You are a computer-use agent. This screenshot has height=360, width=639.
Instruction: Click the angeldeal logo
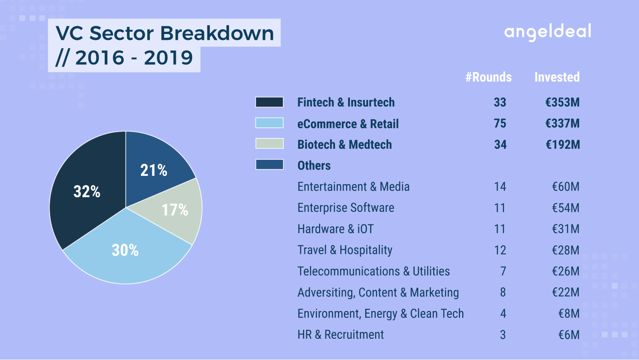pyautogui.click(x=547, y=32)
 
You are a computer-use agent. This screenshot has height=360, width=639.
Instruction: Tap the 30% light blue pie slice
pyautogui.click(x=126, y=251)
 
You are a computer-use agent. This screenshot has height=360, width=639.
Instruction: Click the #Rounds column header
pyautogui.click(x=489, y=77)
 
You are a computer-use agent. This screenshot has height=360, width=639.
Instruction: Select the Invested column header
pyautogui.click(x=557, y=77)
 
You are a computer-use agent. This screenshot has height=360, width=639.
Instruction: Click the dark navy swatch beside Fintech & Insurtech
pyautogui.click(x=269, y=102)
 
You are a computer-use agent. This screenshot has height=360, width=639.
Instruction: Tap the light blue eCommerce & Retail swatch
pyautogui.click(x=269, y=123)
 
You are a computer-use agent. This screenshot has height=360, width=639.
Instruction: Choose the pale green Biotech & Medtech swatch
pyautogui.click(x=269, y=144)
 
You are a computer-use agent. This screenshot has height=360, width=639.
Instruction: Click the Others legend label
pyautogui.click(x=314, y=165)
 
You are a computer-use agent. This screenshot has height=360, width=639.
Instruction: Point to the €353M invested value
pyautogui.click(x=562, y=102)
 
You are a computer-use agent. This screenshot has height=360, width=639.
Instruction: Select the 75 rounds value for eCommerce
pyautogui.click(x=500, y=123)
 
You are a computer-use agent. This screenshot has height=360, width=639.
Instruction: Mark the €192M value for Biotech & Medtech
pyautogui.click(x=562, y=145)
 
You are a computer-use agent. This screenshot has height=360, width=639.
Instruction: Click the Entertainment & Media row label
pyautogui.click(x=353, y=187)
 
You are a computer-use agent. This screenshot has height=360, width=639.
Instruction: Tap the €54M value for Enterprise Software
pyautogui.click(x=566, y=208)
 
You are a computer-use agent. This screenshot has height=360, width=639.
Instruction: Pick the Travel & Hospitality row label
pyautogui.click(x=345, y=250)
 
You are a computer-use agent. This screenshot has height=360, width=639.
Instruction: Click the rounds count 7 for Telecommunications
pyautogui.click(x=503, y=271)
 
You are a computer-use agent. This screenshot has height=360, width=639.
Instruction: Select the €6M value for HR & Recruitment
pyautogui.click(x=569, y=335)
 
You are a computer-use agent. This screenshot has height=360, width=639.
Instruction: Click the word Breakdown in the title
pyautogui.click(x=217, y=33)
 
